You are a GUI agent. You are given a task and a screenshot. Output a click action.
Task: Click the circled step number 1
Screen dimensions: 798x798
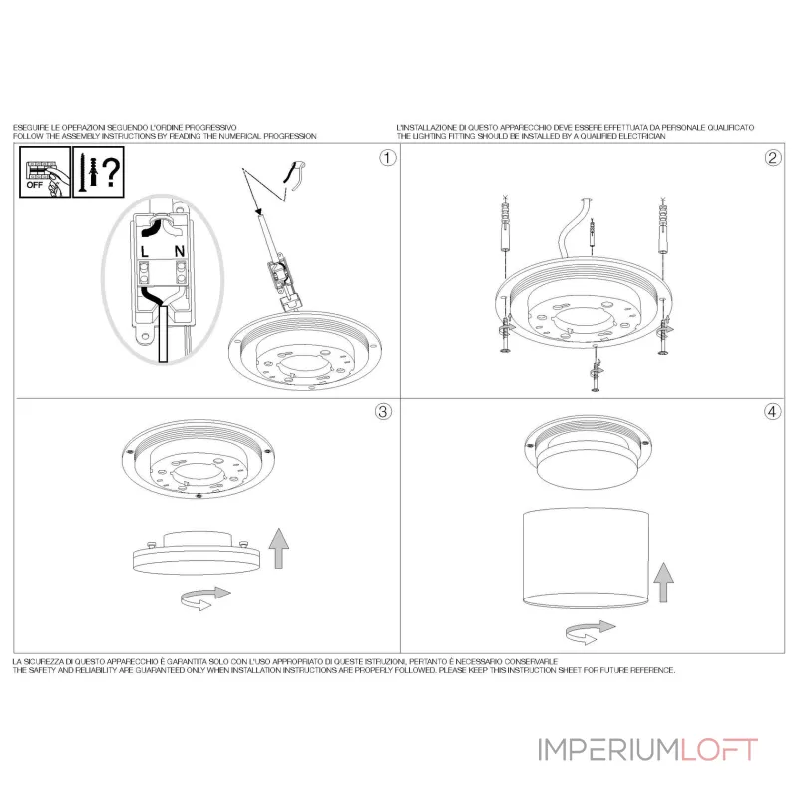pyautogui.click(x=388, y=158)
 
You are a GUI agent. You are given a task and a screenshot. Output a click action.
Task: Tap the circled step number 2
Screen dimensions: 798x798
pyautogui.click(x=773, y=158)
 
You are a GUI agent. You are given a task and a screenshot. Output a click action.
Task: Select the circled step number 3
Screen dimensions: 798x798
pyautogui.click(x=383, y=411)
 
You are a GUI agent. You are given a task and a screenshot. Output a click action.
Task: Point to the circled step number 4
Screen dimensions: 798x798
pyautogui.click(x=772, y=411)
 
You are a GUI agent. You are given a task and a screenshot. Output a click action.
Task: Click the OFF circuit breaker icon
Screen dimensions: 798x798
pyautogui.click(x=45, y=172)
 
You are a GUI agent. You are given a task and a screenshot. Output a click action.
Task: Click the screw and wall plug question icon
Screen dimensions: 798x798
pyautogui.click(x=98, y=172)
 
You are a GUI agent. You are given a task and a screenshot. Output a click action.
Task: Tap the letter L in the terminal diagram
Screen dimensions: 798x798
pyautogui.click(x=145, y=252)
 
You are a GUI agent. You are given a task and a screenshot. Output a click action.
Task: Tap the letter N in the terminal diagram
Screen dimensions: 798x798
pyautogui.click(x=180, y=251)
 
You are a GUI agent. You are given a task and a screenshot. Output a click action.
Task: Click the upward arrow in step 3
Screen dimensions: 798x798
pyautogui.click(x=279, y=548)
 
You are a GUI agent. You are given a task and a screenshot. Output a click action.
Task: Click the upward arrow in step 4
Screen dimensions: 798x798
pyautogui.click(x=663, y=583)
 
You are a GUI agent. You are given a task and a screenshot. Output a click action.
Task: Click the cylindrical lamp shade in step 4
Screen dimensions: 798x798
pyautogui.click(x=586, y=558)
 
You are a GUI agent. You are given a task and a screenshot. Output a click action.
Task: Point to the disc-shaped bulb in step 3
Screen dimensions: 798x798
pyautogui.click(x=197, y=554)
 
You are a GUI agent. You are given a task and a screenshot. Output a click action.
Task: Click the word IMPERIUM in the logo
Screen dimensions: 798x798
pyautogui.click(x=608, y=750)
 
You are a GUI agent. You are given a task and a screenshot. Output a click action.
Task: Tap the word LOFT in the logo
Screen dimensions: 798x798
pyautogui.click(x=719, y=750)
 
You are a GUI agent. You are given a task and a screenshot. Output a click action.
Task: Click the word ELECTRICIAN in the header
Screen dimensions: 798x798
pyautogui.click(x=642, y=136)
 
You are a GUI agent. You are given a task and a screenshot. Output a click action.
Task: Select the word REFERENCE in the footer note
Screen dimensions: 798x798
pyautogui.click(x=652, y=670)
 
